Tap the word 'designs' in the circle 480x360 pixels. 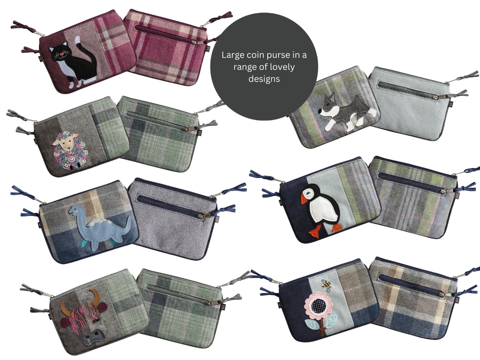tap(264, 79)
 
